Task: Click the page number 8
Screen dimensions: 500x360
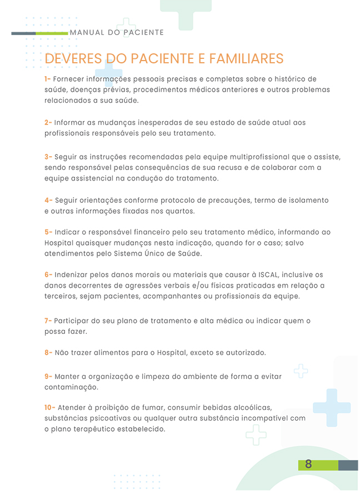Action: (x=308, y=464)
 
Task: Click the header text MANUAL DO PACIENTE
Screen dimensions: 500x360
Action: (x=117, y=33)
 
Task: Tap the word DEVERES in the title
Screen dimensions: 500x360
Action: (x=73, y=59)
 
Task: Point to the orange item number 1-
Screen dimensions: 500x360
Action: (x=48, y=79)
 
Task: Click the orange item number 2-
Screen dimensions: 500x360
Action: (x=48, y=122)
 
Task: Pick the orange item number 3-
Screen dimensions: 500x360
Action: (x=48, y=157)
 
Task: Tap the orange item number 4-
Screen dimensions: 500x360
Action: (x=48, y=200)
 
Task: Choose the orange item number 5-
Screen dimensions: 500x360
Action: (x=48, y=232)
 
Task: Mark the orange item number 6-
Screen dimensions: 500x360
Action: (x=48, y=275)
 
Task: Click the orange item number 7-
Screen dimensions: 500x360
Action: (x=48, y=321)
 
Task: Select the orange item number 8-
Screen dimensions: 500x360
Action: (x=48, y=353)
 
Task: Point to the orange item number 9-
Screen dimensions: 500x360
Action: (x=48, y=377)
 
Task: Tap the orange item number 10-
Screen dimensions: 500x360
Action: (x=50, y=408)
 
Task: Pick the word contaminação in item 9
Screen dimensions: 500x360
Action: (x=71, y=387)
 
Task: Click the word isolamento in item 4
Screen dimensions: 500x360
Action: (x=308, y=200)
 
